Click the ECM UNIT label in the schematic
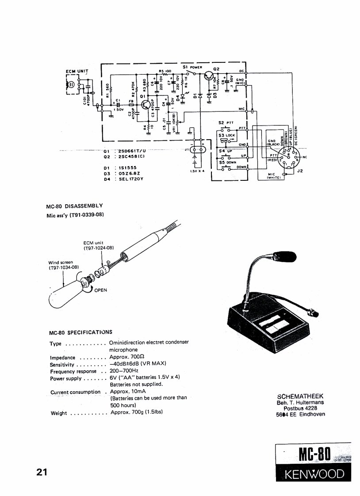(x=77, y=71)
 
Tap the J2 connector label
(x=300, y=171)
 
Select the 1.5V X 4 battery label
(x=197, y=171)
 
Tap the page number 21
(x=42, y=473)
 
